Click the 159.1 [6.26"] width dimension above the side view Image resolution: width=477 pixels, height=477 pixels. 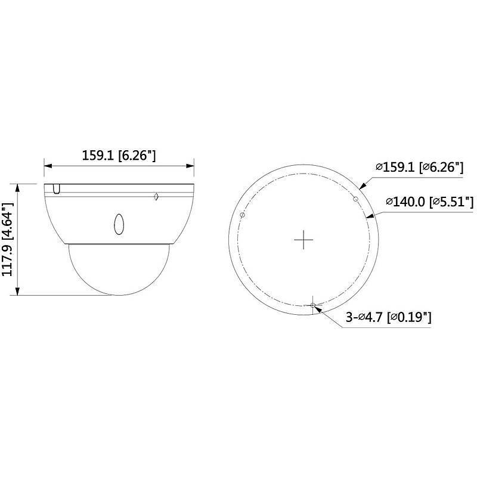coord(119,156)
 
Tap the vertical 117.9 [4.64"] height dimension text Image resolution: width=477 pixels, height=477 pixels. coord(8,240)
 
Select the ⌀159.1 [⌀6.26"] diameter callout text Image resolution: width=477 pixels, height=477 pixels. coord(419,168)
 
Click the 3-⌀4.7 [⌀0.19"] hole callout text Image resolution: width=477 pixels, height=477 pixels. coord(389,318)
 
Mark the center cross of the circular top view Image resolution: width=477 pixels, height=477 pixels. coord(304,239)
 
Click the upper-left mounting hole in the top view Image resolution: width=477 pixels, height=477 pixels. coord(241,215)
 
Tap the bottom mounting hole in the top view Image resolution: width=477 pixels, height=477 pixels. coord(313,305)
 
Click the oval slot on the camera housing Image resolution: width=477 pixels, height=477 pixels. coord(118,224)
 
